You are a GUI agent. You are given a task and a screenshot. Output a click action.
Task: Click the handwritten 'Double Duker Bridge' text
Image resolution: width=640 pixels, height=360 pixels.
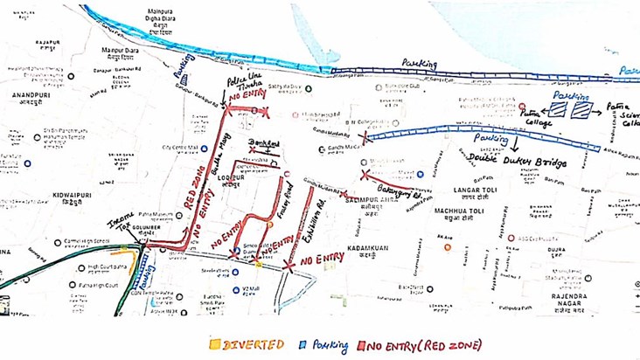point(517,163)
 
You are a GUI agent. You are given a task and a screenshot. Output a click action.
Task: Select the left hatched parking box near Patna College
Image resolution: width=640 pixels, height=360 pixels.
point(557,110)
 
